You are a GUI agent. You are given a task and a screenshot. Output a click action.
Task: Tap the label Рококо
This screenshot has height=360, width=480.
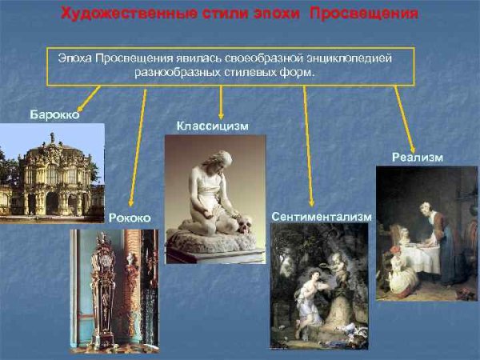pos(129,218)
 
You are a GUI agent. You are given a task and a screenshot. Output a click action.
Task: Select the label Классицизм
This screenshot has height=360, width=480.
pos(212,126)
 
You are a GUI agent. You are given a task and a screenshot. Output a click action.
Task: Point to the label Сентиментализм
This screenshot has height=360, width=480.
pos(322,217)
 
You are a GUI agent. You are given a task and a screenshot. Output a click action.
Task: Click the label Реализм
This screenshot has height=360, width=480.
pos(417,158)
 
